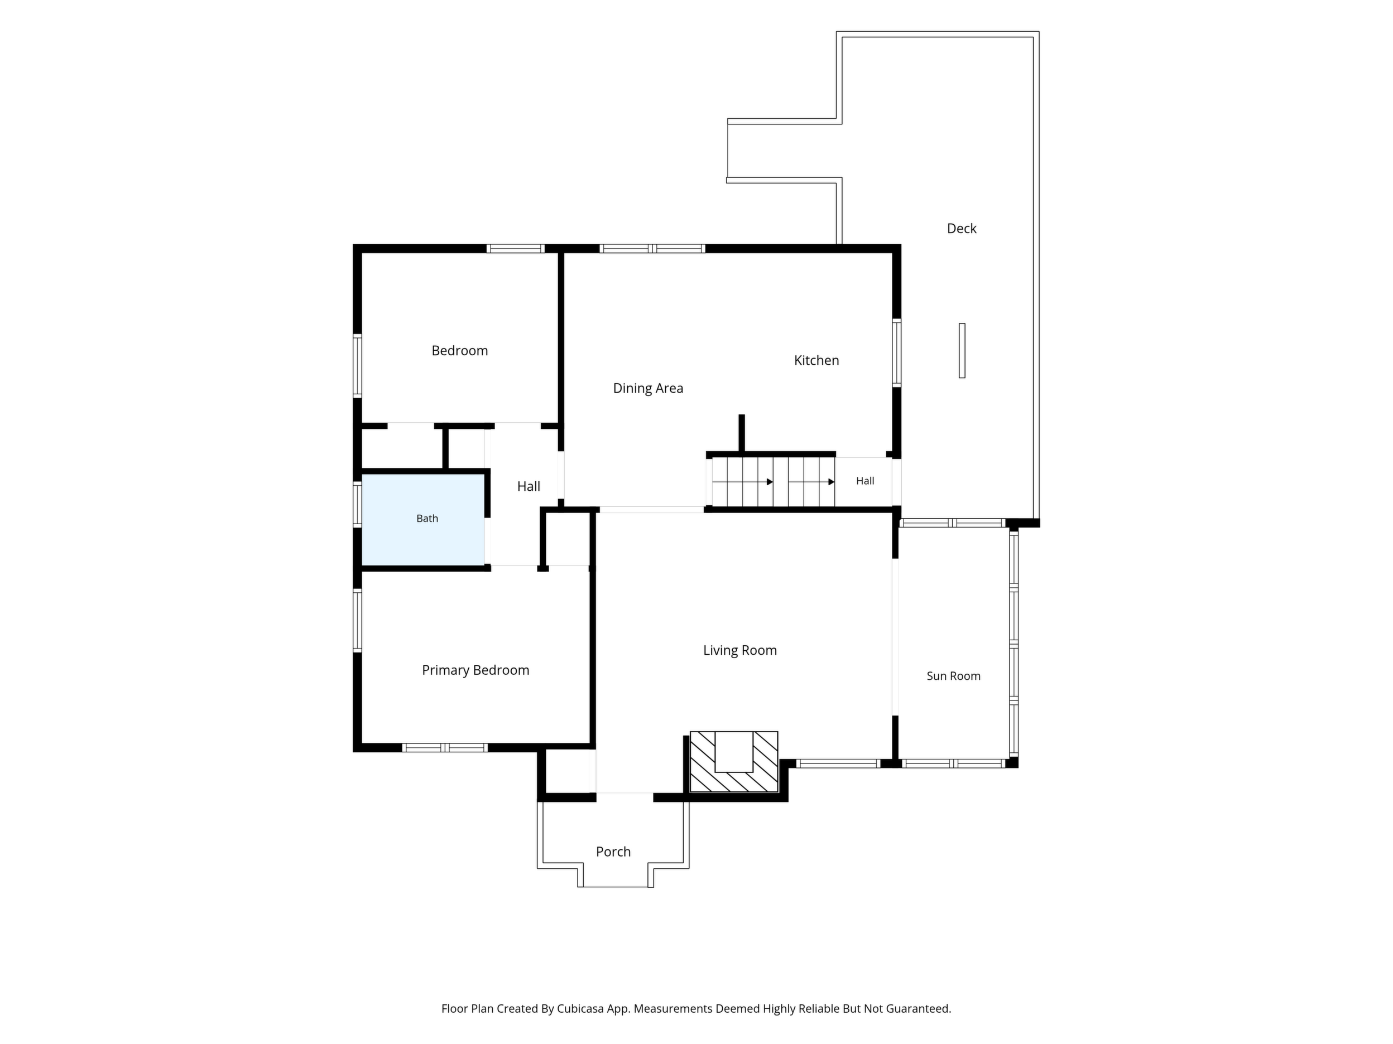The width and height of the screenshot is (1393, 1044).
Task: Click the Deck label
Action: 962,229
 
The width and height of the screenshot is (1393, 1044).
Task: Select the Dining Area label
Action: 648,388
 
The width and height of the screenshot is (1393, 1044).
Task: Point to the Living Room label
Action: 740,650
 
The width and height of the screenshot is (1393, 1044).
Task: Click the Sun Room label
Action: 953,676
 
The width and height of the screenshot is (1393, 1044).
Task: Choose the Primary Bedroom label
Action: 475,670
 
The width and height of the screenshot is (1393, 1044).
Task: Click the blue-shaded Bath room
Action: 422,519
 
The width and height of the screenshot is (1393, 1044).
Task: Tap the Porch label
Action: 613,852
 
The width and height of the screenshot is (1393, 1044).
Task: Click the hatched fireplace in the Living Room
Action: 734,762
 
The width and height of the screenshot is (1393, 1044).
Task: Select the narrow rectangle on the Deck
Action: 962,351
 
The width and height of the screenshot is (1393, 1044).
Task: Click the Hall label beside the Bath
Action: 529,486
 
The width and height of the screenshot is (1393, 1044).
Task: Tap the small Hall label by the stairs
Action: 865,481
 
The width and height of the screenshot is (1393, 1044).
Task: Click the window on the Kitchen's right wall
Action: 897,352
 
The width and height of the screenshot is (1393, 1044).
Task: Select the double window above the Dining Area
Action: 652,249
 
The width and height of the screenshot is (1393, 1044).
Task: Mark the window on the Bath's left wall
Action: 357,504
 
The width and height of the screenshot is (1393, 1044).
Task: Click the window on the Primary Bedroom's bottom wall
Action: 445,748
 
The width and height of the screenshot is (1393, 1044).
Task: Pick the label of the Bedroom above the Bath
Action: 460,351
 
